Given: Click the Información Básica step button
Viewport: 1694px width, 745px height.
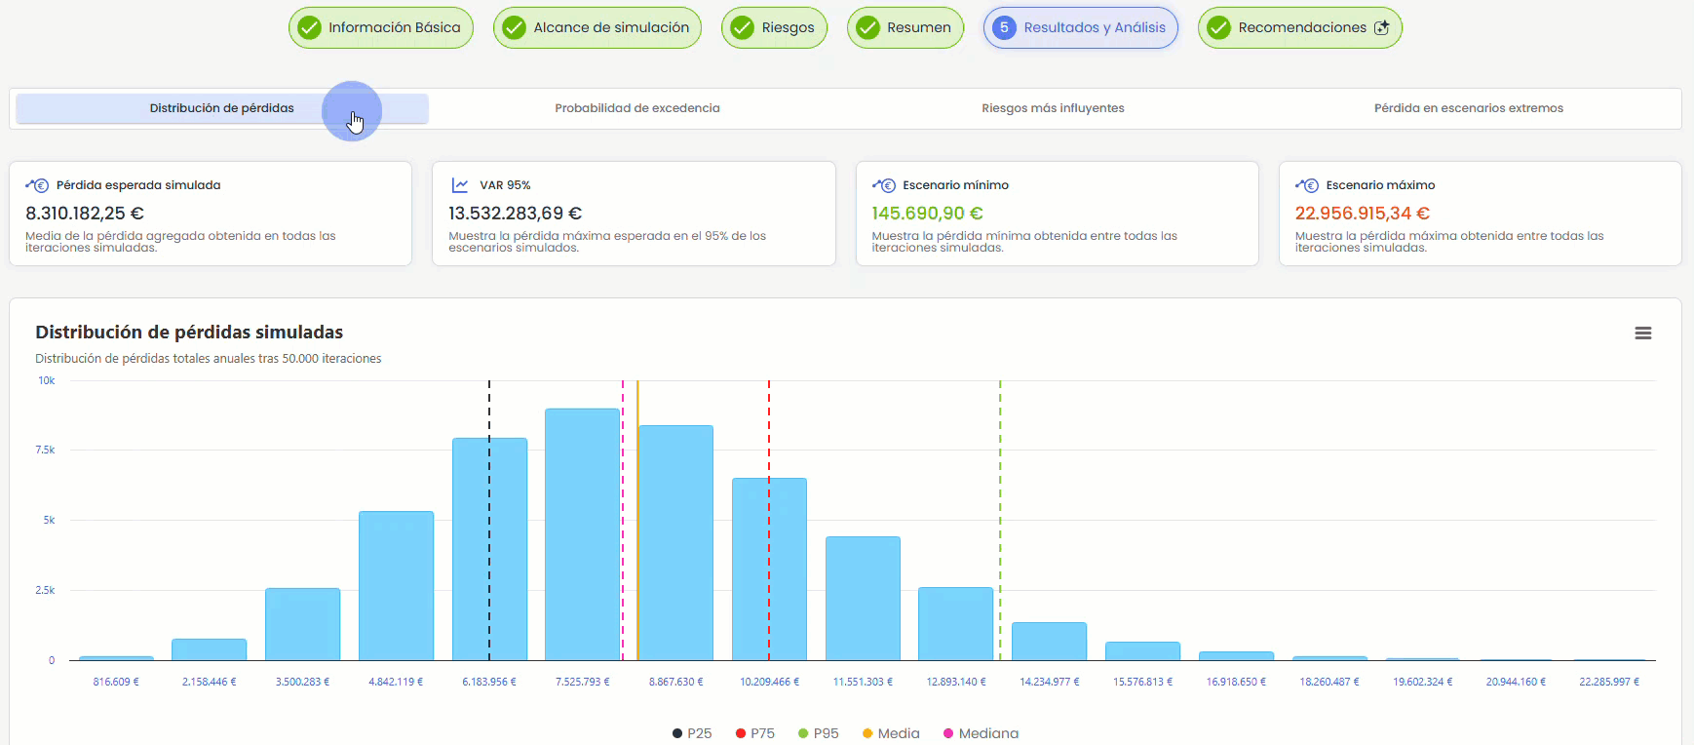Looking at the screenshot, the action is (381, 27).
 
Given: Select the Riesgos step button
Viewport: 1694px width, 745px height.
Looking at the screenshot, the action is (774, 27).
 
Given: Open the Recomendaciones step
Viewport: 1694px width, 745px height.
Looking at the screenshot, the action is (1300, 27).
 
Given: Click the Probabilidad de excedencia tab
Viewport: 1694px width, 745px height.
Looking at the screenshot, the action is (637, 108).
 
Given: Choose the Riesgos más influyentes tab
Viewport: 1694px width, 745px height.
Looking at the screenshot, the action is (1053, 108).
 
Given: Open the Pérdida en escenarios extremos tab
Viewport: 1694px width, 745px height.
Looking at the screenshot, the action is (1469, 108).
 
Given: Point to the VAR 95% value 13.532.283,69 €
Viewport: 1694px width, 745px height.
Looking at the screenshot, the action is (515, 214).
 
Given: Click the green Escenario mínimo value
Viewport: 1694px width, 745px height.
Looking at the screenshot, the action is (927, 214).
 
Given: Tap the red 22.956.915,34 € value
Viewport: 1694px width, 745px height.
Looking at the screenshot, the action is (1362, 214).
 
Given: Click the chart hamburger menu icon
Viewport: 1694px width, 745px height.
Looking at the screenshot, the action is (1643, 333).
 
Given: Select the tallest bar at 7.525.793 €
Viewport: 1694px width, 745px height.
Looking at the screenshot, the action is (583, 534).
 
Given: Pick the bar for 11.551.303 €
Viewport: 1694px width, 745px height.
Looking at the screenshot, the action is (863, 599).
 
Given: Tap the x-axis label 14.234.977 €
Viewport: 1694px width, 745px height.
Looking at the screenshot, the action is (1050, 682).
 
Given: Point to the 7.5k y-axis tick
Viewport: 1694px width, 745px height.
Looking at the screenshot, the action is (46, 451).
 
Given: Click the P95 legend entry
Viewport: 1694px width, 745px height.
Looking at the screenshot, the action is (818, 733).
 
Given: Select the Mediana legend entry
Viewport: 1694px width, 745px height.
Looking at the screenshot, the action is (981, 733).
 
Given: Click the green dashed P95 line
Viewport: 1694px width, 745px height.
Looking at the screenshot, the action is (1000, 521).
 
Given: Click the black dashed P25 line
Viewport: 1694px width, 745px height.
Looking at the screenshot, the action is (489, 521).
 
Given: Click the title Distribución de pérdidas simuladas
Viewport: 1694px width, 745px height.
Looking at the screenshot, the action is (189, 333).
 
